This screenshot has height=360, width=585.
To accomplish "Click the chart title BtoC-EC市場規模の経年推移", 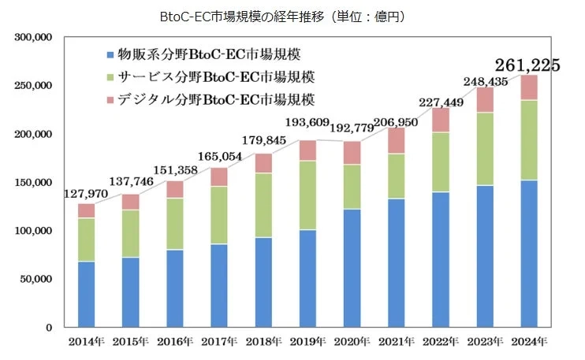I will coord(292,15).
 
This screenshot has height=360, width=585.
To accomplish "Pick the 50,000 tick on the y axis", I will coord(35,279).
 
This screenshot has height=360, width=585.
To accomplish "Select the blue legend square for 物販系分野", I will coord(109,55).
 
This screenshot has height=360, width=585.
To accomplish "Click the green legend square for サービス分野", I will coord(109,78).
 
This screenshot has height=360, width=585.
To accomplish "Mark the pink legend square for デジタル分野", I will coord(109,101).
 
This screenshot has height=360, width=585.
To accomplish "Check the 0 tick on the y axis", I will coord(49,327).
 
